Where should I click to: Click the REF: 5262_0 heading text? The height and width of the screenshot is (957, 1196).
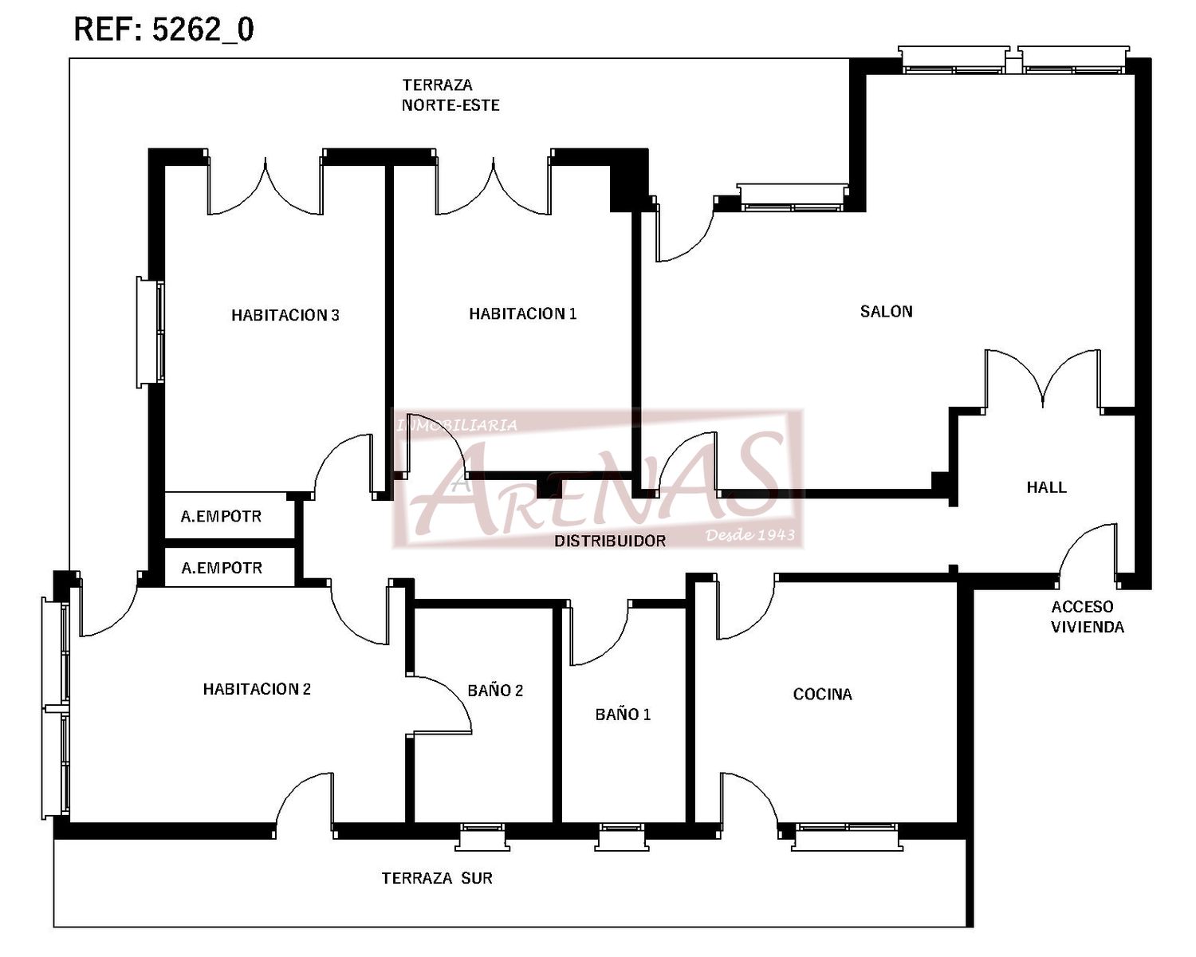164,30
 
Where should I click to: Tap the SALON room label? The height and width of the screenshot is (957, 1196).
887,311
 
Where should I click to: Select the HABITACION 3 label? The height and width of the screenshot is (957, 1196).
285,315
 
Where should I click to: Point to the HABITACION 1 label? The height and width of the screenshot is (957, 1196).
523,313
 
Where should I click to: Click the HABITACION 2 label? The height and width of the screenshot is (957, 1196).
257,689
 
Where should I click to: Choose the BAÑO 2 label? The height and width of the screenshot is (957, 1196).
495,690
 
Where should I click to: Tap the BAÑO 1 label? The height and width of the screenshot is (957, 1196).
623,714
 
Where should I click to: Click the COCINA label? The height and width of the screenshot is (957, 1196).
823,694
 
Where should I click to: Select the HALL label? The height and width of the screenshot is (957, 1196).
1046,487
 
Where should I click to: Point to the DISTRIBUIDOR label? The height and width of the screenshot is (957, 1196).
610,541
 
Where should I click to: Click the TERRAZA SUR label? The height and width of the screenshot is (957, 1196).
437,878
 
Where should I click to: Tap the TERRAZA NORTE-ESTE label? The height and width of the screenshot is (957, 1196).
450,95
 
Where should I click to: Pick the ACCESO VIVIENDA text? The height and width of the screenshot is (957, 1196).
1087,616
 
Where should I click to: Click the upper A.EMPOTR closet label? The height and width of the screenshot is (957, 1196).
221,517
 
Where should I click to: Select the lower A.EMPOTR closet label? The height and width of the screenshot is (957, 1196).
222,568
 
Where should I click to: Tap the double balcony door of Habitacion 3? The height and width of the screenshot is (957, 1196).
266,184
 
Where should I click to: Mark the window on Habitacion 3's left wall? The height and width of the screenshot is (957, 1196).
151,332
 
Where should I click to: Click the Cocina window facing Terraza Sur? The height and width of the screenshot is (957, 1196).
847,836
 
